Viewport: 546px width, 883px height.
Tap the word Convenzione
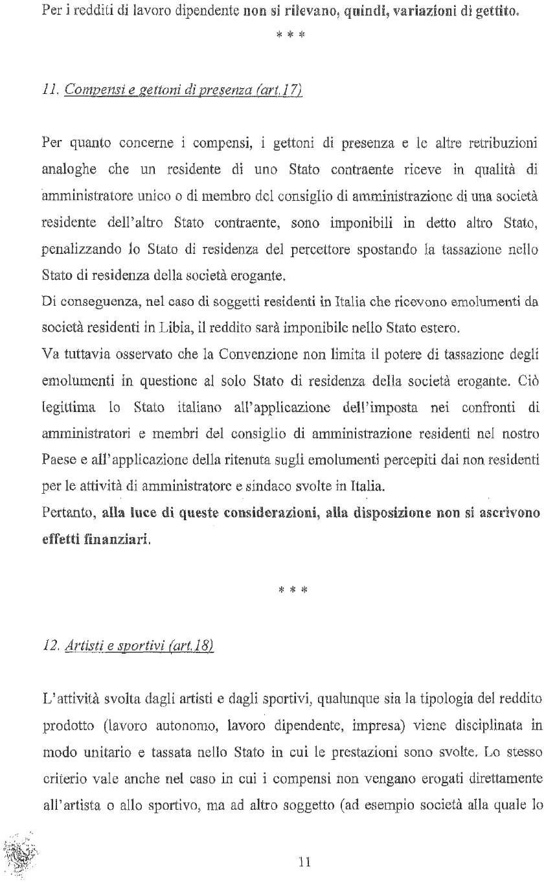[x=251, y=355]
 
